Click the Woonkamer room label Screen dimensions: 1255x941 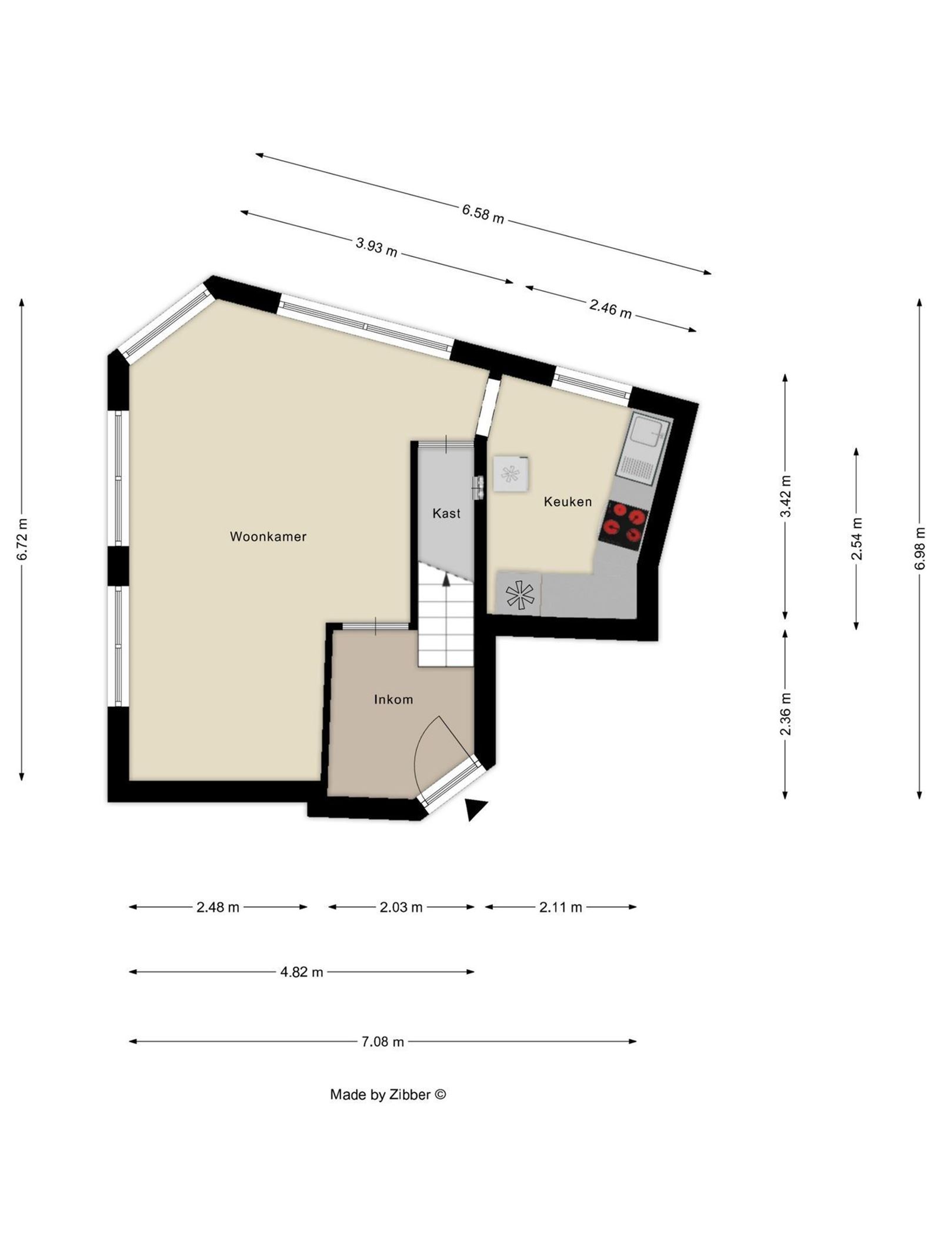(x=268, y=536)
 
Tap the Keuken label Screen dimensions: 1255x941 (x=567, y=502)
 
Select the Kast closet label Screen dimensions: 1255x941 (x=446, y=513)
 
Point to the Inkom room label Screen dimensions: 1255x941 (x=393, y=700)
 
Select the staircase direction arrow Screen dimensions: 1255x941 (x=446, y=580)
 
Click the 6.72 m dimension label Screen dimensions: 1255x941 (x=22, y=540)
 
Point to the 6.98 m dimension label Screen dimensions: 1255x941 (x=919, y=548)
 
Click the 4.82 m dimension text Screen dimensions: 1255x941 (x=301, y=972)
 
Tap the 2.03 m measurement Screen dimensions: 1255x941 (x=401, y=907)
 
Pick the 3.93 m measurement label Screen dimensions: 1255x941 (x=376, y=247)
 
